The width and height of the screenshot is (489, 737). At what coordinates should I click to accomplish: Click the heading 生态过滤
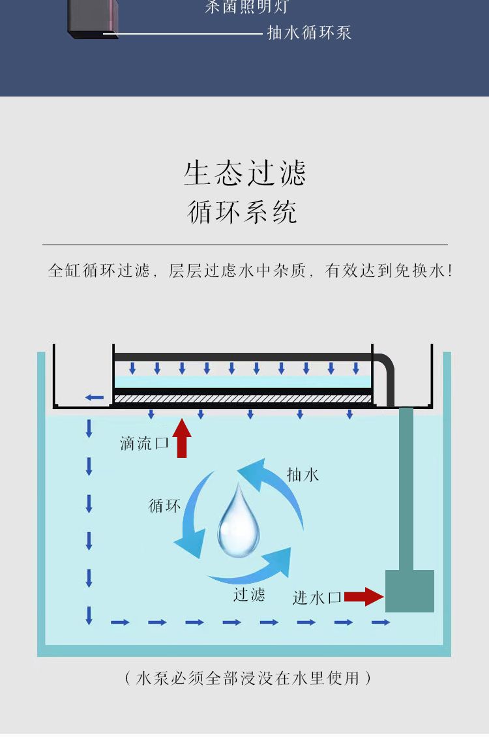[x=244, y=173]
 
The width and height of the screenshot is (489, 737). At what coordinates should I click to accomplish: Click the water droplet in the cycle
[x=238, y=522]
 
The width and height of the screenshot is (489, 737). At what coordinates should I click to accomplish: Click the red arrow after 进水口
[x=364, y=596]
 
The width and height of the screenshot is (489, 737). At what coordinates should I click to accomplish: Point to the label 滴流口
[x=144, y=444]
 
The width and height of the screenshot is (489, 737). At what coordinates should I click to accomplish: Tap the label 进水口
[x=317, y=597]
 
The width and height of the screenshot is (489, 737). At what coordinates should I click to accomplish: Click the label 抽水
[x=303, y=475]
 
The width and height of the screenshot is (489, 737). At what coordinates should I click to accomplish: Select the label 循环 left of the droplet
[x=164, y=505]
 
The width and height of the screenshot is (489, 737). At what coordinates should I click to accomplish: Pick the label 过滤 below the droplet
[x=249, y=594]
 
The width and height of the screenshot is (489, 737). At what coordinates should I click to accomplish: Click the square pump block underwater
[x=409, y=591]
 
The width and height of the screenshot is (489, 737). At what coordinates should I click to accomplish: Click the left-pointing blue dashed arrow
[x=95, y=397]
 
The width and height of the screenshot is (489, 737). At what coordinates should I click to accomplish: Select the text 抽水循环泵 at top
[x=309, y=33]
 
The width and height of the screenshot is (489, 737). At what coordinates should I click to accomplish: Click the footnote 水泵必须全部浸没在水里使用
[x=248, y=678]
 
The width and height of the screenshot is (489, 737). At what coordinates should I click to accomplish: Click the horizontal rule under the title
[x=245, y=245]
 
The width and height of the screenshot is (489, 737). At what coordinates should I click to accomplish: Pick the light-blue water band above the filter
[x=243, y=382]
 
